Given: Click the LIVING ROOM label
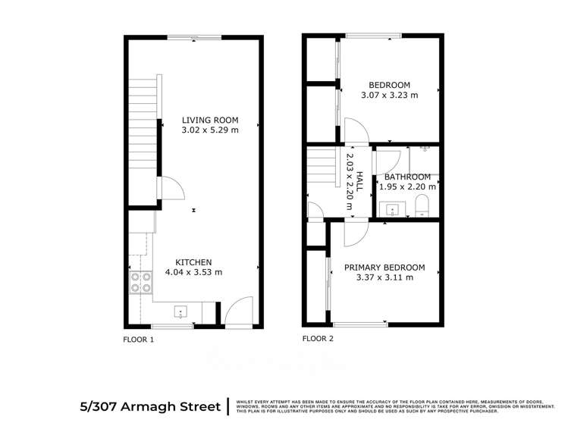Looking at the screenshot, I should pos(210,120).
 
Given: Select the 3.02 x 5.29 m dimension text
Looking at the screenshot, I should pos(210,130).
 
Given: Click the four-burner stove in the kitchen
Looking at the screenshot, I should pos(140,283).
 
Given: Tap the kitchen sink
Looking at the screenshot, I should pos(180,310).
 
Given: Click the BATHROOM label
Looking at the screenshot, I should pos(408,177).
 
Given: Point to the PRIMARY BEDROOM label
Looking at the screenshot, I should pos(384,268).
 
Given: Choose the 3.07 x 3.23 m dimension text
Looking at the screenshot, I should pos(389,96).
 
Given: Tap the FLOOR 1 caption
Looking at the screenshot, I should pos(139,340).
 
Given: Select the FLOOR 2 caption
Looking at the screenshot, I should pos(318,340).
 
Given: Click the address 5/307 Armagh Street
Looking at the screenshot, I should pos(149,406).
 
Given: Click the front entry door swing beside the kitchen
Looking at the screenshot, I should pos(237,311).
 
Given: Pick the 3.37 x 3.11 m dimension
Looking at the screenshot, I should pos(384,278).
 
